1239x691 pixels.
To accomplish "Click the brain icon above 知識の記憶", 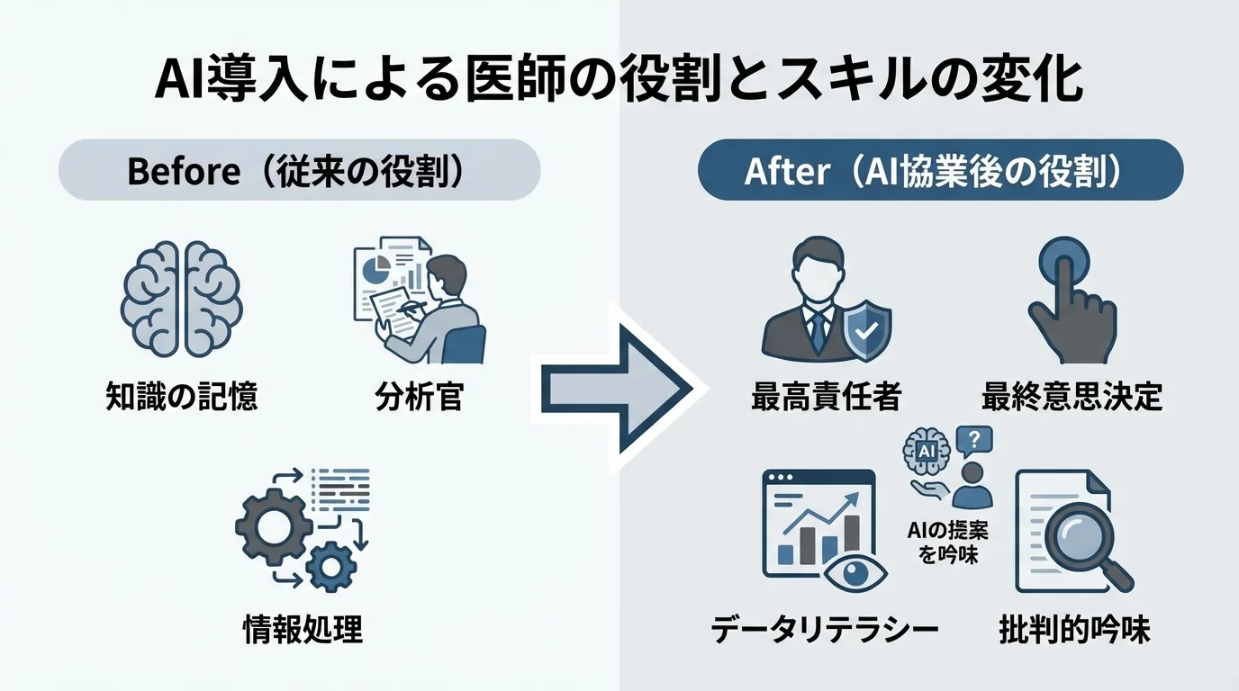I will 181,301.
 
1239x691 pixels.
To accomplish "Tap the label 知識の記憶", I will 181,396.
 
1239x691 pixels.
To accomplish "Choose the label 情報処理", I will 303,629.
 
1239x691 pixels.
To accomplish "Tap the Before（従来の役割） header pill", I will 299,170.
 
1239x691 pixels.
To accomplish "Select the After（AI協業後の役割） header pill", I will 940,170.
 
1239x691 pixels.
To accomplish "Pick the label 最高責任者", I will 826,396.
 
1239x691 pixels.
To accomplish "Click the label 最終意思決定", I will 1072,396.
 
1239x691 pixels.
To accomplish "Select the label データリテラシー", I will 825,629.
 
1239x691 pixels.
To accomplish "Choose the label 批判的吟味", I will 1074,629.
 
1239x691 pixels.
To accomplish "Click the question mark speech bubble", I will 974,440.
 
